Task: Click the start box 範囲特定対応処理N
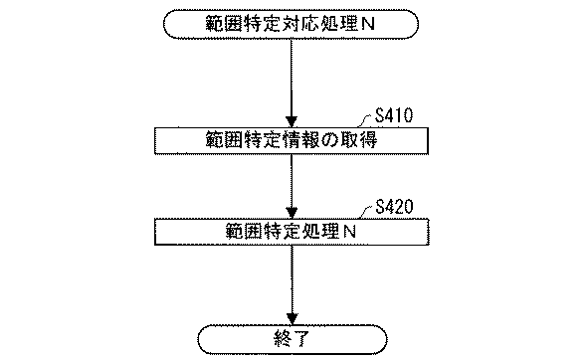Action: pyautogui.click(x=291, y=25)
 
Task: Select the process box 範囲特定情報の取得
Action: pyautogui.click(x=292, y=140)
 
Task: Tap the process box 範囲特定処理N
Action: pyautogui.click(x=292, y=232)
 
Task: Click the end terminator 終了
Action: pyautogui.click(x=293, y=340)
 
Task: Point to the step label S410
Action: pyautogui.click(x=394, y=115)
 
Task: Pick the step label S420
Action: pyautogui.click(x=394, y=207)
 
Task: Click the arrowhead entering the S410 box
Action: pyautogui.click(x=292, y=122)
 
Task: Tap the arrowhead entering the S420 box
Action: pyautogui.click(x=292, y=213)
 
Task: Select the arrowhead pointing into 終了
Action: pyautogui.click(x=293, y=319)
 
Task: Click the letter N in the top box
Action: pyautogui.click(x=367, y=25)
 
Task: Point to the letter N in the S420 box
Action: pyautogui.click(x=349, y=232)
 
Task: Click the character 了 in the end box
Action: pyautogui.click(x=301, y=340)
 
